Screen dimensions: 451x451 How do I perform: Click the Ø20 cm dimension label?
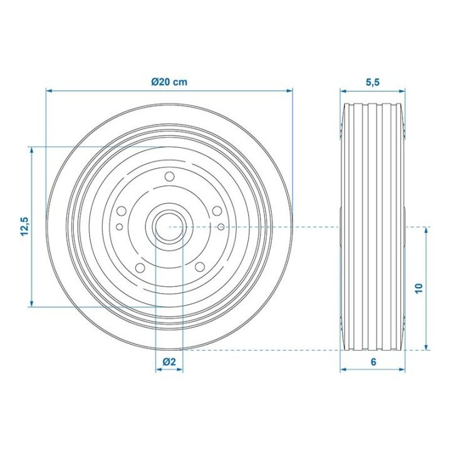169,82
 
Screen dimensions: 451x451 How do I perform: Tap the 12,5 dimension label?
24,226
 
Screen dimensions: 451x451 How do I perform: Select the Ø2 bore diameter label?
169,361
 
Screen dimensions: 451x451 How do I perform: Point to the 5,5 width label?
373,82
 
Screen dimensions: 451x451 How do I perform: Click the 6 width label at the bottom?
373,361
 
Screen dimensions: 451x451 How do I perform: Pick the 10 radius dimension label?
419,288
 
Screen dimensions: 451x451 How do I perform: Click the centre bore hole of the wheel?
169,227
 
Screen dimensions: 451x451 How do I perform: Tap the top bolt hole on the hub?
169,176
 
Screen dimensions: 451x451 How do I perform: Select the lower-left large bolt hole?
140,268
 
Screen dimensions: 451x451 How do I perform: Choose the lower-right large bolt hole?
200,267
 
